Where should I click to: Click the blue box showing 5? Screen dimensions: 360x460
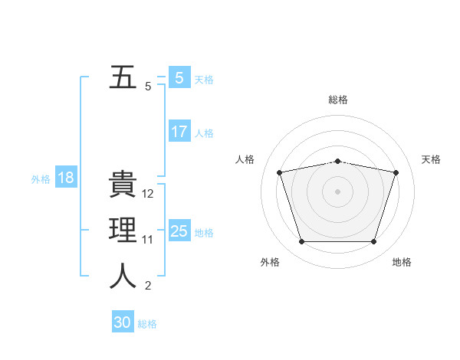coord(179,78)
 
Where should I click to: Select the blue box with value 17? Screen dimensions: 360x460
coord(179,132)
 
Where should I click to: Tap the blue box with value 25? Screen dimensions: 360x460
coord(179,231)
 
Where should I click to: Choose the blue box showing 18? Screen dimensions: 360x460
coord(65,178)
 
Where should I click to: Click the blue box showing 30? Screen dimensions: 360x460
coord(123,322)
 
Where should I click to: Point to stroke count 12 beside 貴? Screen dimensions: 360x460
coord(149,195)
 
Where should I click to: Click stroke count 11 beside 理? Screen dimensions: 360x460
coord(148,240)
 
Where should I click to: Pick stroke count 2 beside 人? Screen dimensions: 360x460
coord(148,286)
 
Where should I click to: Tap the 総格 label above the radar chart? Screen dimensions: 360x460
coord(338,100)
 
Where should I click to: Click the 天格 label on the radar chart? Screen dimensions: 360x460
coord(431,159)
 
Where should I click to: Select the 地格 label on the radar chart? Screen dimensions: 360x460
coord(402,262)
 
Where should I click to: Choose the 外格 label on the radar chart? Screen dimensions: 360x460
coord(270,262)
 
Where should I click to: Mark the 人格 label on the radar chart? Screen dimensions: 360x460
coord(245,159)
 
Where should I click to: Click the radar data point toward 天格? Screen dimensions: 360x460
coord(396,172)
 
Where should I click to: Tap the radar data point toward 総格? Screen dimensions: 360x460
coord(338,161)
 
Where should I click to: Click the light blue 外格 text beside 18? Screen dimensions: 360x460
coord(41,179)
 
